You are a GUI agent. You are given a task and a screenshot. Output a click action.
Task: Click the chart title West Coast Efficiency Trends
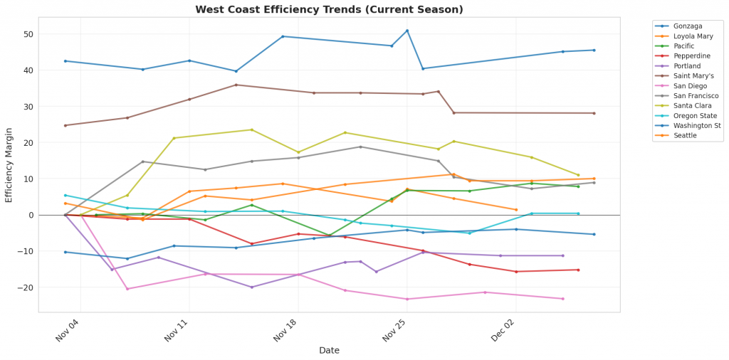329,9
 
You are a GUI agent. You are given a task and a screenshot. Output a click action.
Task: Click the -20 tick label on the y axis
26,287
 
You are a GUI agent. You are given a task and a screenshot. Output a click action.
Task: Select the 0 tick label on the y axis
31,215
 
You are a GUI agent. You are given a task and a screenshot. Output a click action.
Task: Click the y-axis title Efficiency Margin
9,165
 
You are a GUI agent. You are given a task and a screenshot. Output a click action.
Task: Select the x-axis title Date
329,350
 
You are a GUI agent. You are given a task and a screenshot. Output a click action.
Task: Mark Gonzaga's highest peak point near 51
407,31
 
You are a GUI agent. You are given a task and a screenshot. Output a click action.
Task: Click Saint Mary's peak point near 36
236,85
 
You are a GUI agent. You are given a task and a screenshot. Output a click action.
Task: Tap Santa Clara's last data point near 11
578,175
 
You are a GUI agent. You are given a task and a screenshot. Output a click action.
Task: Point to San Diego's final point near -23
562,299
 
